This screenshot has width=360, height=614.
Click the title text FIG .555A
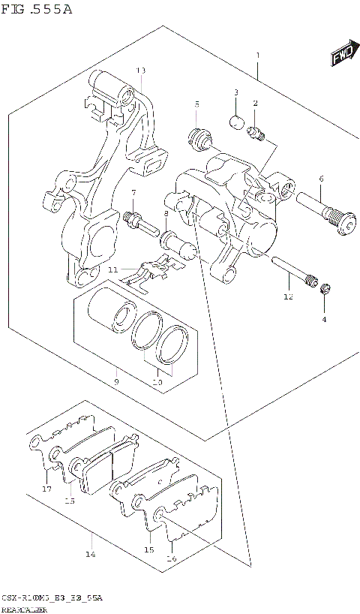[x=37, y=9]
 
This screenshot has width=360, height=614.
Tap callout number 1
[x=257, y=56]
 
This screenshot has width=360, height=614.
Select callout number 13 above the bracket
[x=140, y=70]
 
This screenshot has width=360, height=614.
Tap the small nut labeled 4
[x=325, y=290]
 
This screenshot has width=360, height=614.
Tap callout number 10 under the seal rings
[x=157, y=381]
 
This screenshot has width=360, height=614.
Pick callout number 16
[x=171, y=558]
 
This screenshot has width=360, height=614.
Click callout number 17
[x=46, y=489]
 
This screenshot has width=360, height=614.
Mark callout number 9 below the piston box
[x=116, y=381]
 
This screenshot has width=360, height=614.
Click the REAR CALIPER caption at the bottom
[x=25, y=609]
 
